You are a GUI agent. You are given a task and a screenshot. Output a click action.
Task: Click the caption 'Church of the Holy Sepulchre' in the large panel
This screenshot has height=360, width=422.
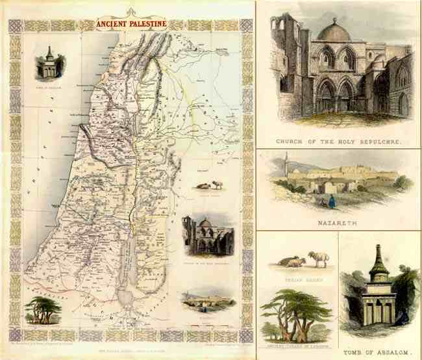338,140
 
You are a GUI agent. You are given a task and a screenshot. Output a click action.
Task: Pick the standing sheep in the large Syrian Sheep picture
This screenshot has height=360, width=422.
317,257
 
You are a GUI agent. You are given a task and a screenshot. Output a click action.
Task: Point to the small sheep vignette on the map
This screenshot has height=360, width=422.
209,185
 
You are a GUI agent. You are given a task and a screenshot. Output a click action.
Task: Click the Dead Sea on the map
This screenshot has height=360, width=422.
129,254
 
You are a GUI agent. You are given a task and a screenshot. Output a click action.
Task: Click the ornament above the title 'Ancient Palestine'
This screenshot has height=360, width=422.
130,12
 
